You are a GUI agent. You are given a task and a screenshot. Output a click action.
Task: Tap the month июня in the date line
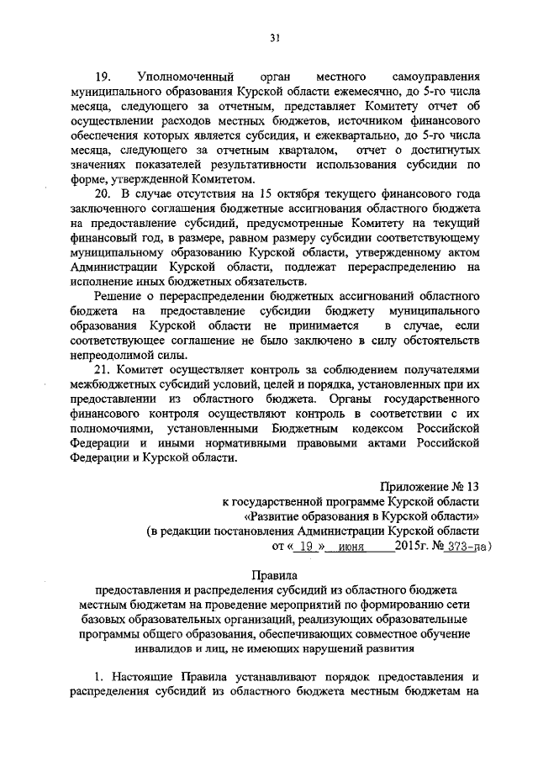[335, 547]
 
